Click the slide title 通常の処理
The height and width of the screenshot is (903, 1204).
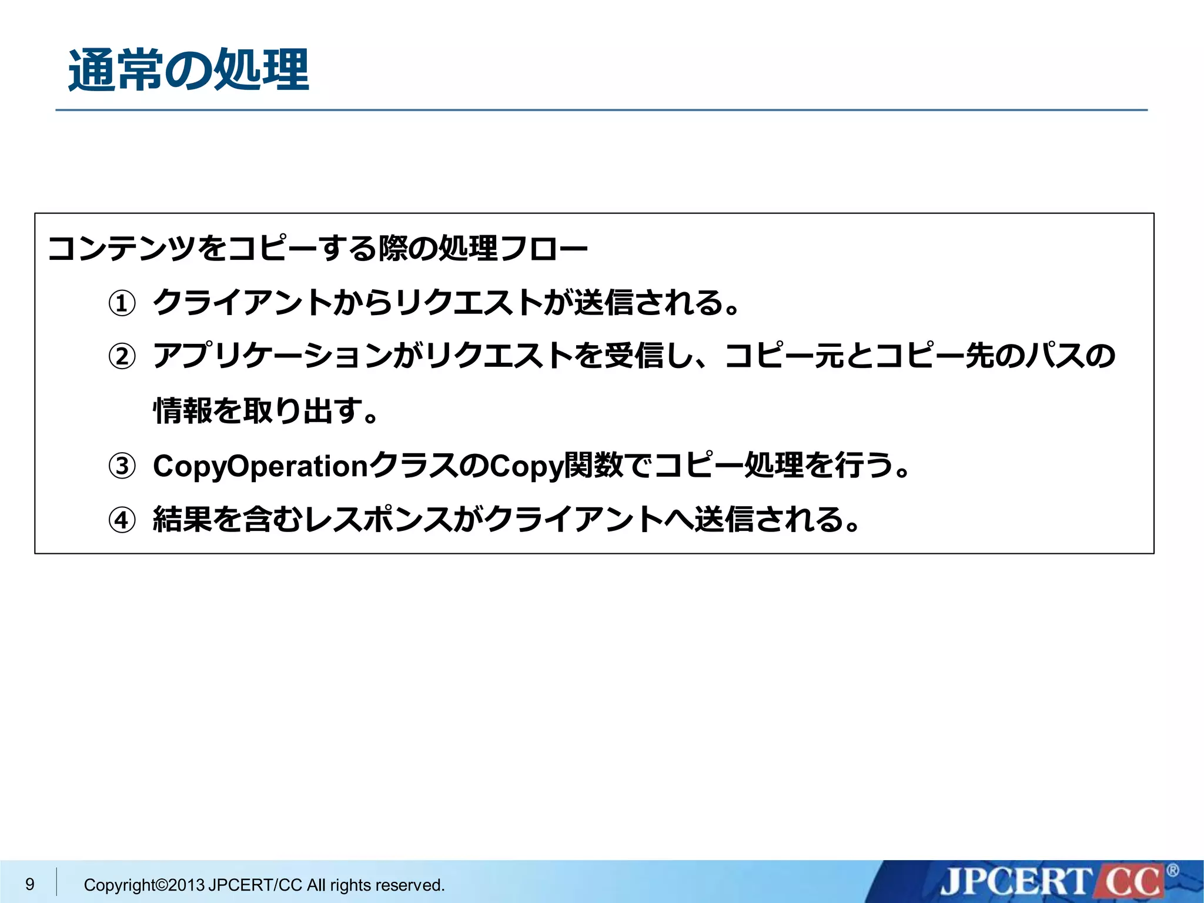[188, 71]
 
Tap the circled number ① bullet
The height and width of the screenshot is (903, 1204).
[122, 304]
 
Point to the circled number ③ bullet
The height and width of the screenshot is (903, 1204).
[122, 466]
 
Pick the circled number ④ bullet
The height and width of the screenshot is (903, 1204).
[122, 520]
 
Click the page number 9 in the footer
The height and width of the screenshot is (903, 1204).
[30, 884]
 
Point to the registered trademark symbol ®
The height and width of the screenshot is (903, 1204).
[1172, 870]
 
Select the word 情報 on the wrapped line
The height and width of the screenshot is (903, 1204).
[182, 410]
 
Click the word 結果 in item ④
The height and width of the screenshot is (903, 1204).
[182, 520]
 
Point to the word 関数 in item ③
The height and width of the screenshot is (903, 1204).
[593, 466]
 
